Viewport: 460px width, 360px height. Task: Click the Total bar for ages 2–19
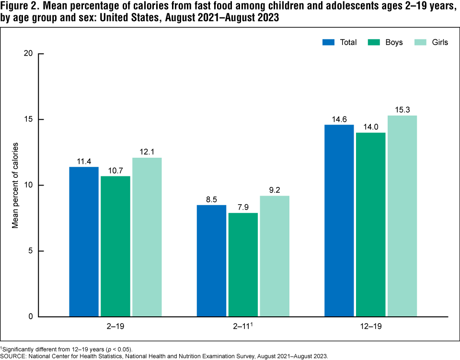pyautogui.click(x=83, y=242)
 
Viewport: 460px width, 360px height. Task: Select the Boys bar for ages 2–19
pyautogui.click(x=115, y=246)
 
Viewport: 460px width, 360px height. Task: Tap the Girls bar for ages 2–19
pyautogui.click(x=147, y=237)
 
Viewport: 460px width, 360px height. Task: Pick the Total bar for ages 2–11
pyautogui.click(x=211, y=261)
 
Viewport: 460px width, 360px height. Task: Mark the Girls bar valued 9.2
pyautogui.click(x=275, y=256)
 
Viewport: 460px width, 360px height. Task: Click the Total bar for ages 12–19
pyautogui.click(x=339, y=221)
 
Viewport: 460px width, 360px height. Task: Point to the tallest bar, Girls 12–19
pyautogui.click(x=402, y=216)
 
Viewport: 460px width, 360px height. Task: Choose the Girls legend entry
pyautogui.click(x=431, y=42)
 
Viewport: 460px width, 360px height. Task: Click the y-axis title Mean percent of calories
pyautogui.click(x=15, y=185)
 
